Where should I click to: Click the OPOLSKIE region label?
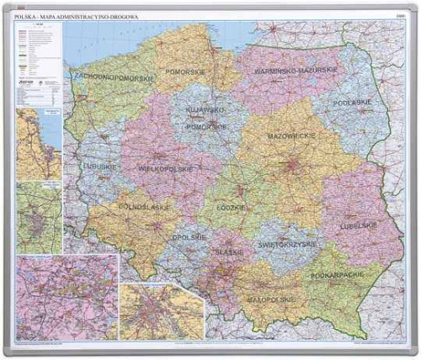tap(191, 238)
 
